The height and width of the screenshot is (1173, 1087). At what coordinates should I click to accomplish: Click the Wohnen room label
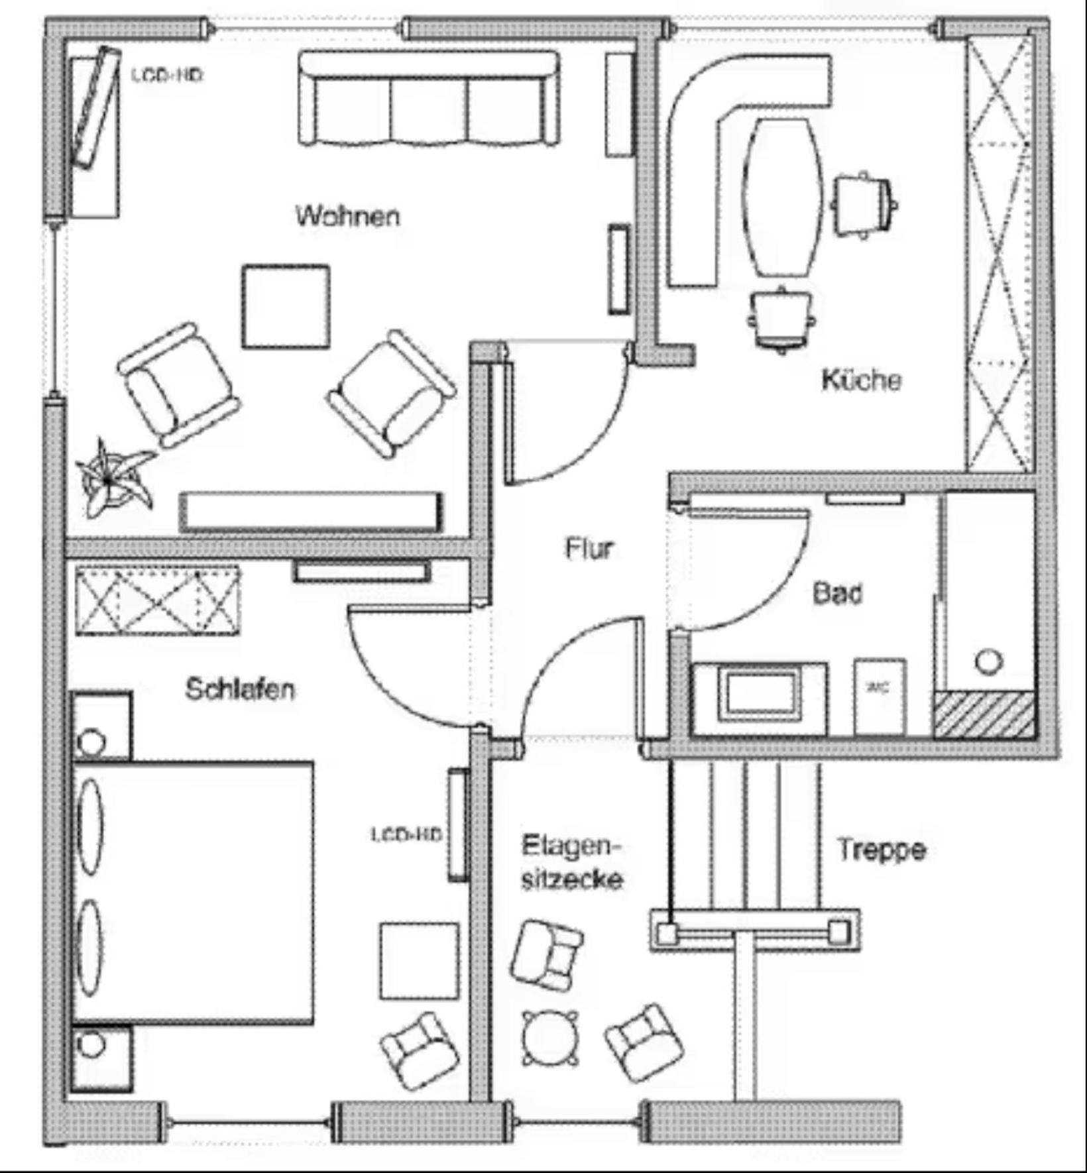pyautogui.click(x=348, y=216)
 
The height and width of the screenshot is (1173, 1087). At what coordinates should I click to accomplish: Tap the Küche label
pyautogui.click(x=861, y=380)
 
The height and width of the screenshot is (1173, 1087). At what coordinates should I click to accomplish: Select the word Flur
pyautogui.click(x=589, y=549)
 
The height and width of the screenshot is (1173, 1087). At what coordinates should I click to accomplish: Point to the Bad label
pyautogui.click(x=838, y=593)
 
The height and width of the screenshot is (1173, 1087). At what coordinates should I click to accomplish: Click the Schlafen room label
pyautogui.click(x=240, y=689)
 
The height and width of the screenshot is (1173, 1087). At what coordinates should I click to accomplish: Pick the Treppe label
pyautogui.click(x=882, y=849)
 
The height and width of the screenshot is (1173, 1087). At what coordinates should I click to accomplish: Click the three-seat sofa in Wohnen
pyautogui.click(x=428, y=99)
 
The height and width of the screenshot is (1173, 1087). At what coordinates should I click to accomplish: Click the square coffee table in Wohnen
pyautogui.click(x=286, y=306)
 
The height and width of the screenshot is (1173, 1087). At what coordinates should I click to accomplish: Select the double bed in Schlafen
pyautogui.click(x=192, y=892)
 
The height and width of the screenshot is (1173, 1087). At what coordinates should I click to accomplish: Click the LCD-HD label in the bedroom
pyautogui.click(x=406, y=834)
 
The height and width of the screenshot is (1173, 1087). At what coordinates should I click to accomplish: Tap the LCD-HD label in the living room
pyautogui.click(x=166, y=75)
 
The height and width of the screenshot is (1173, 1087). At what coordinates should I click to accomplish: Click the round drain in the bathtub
pyautogui.click(x=988, y=661)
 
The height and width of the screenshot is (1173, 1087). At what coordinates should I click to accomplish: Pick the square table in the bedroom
pyautogui.click(x=419, y=961)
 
